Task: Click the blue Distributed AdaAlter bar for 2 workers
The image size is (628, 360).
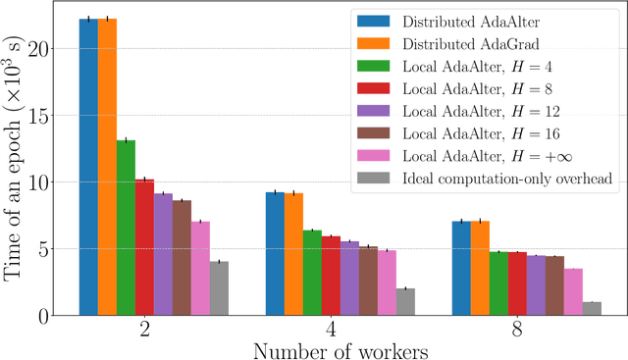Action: tap(88, 167)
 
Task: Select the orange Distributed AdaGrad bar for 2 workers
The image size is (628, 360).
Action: tap(107, 167)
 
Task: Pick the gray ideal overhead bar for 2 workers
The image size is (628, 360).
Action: tap(219, 288)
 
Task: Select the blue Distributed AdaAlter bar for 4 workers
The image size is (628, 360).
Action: tap(275, 253)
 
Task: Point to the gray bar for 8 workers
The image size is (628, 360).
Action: tap(592, 309)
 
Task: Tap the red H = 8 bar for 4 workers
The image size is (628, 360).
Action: tap(331, 276)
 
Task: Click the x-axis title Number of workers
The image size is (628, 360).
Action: tap(331, 350)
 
